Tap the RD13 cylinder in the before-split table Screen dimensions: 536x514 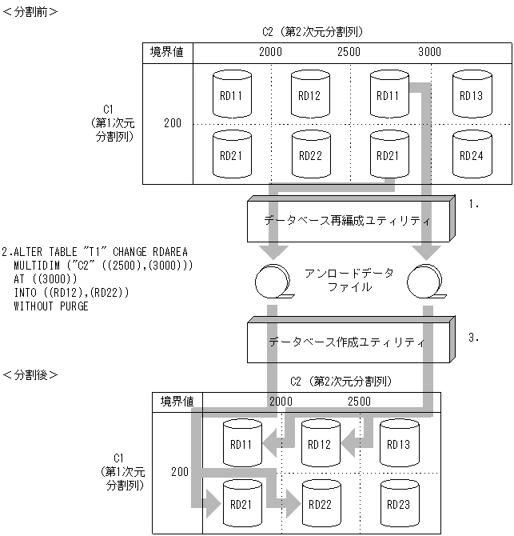tap(472, 94)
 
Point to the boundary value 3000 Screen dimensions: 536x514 tap(429, 52)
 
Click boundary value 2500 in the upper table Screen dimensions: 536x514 tap(349, 52)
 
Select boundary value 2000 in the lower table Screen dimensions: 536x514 tap(281, 401)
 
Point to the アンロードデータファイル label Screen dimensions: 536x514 tap(349, 279)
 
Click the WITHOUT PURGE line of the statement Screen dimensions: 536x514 tap(51, 305)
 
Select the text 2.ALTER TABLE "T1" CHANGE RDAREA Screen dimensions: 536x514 tap(94, 252)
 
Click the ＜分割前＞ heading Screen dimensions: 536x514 tap(30, 11)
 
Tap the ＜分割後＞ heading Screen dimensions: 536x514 tap(30, 374)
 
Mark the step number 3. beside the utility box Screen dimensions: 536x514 tap(474, 337)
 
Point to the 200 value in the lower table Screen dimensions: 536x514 tap(181, 474)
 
